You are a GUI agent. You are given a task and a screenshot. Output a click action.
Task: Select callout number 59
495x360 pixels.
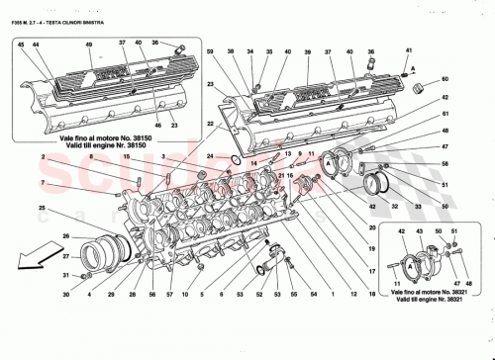(x=210, y=50)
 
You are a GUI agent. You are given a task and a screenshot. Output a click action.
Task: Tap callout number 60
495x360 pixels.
(x=445, y=78)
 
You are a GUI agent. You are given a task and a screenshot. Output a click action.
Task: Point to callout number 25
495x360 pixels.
(x=42, y=208)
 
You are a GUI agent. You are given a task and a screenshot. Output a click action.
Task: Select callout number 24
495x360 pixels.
(x=209, y=155)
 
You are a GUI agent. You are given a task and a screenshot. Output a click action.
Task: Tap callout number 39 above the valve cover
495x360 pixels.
(x=308, y=50)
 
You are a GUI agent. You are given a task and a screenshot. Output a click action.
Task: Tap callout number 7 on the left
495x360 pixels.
(x=42, y=183)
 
